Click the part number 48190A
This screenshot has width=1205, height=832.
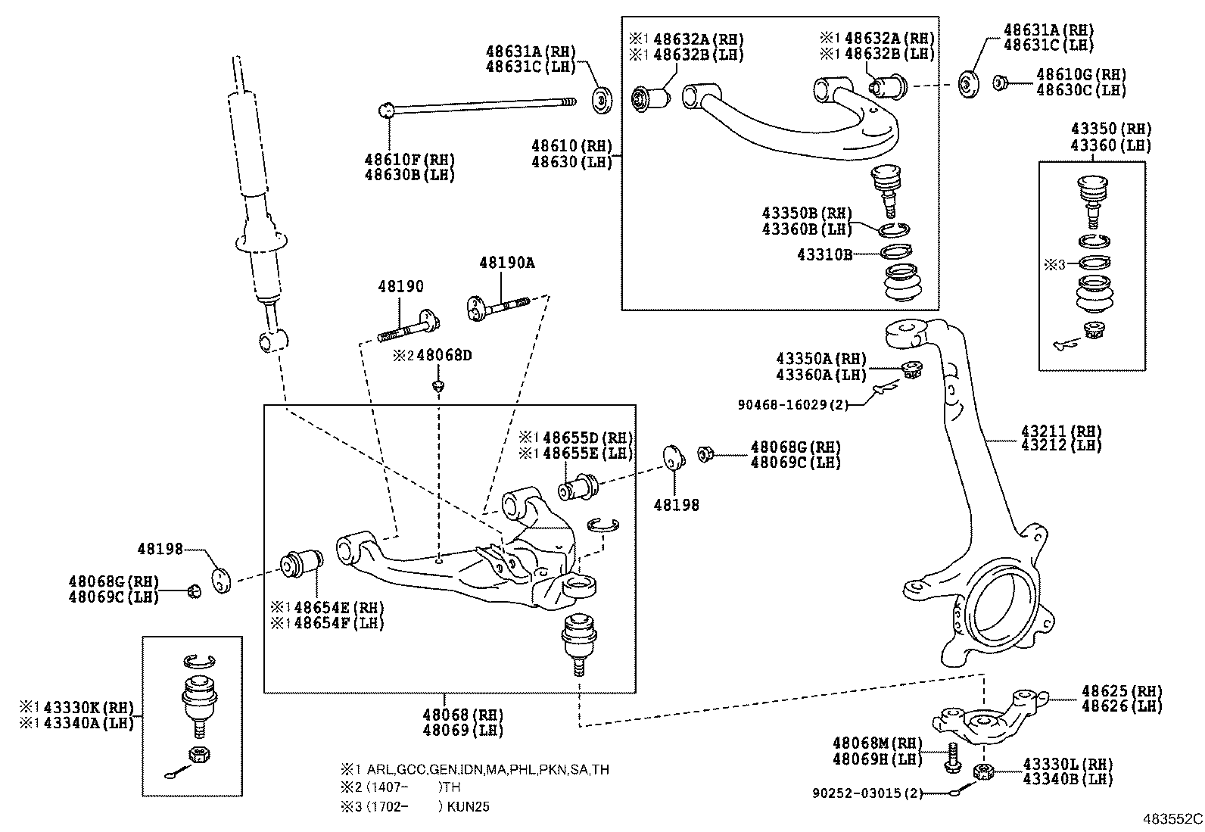506,263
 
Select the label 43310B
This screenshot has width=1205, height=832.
824,254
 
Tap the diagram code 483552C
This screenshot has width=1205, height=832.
1172,818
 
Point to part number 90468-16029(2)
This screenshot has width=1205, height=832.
792,404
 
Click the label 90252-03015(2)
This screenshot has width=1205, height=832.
867,793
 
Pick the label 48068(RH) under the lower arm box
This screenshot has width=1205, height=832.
462,715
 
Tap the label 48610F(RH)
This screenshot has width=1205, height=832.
409,160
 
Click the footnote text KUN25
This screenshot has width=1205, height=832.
468,806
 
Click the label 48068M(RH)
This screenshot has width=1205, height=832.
877,743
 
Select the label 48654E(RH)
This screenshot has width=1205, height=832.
328,607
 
